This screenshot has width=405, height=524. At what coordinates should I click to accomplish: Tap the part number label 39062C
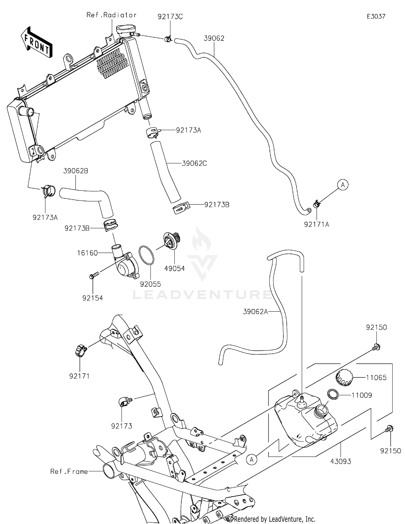coord(194,163)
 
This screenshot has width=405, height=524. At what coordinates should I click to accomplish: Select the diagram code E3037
coord(376,16)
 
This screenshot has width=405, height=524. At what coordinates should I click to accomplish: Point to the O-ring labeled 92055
coord(146,255)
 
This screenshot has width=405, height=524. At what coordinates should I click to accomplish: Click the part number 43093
coord(341,461)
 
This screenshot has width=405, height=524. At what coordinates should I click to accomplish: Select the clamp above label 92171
coord(81,351)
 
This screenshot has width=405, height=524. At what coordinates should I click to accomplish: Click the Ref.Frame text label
coord(69,472)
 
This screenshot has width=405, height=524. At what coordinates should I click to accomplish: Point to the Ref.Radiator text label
coord(112,15)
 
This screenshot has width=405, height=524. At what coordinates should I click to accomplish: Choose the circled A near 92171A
coord(343,185)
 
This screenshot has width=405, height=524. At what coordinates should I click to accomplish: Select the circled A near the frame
coord(252,459)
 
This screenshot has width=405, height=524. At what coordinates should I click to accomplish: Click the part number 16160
coord(87,253)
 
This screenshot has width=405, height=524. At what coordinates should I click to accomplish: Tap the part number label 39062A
coord(255,312)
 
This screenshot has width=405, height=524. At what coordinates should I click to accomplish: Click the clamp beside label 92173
coord(124,401)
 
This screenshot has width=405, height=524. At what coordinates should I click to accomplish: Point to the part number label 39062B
coord(76,171)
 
